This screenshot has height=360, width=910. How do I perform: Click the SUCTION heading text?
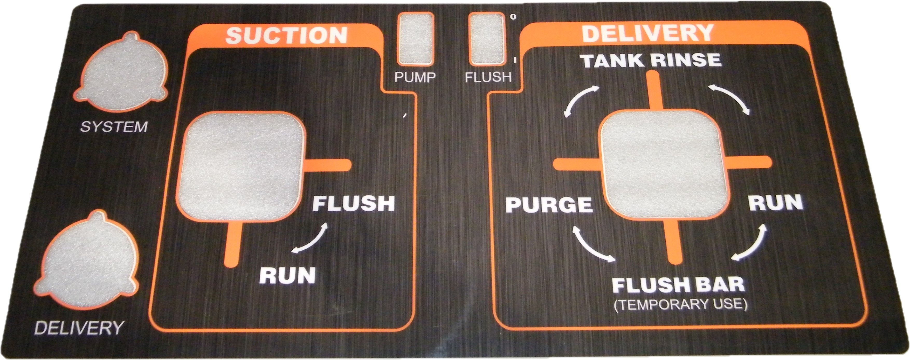pyautogui.click(x=286, y=36)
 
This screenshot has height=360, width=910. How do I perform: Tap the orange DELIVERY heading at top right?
pyautogui.click(x=648, y=33)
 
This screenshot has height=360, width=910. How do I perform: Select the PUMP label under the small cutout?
pyautogui.click(x=415, y=77)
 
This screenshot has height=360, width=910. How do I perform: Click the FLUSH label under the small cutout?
pyautogui.click(x=488, y=77)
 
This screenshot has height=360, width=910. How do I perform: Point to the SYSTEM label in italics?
pyautogui.click(x=114, y=126)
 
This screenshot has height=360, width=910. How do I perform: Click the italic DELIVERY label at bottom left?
pyautogui.click(x=78, y=328)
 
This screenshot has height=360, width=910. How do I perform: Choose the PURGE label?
pyautogui.click(x=549, y=205)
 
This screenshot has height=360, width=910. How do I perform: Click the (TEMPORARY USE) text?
pyautogui.click(x=680, y=304)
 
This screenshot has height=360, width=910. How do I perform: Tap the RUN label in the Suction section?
pyautogui.click(x=287, y=276)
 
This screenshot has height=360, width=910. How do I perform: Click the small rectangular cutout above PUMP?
pyautogui.click(x=415, y=39)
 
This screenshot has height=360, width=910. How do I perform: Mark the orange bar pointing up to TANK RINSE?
pyautogui.click(x=653, y=91)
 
